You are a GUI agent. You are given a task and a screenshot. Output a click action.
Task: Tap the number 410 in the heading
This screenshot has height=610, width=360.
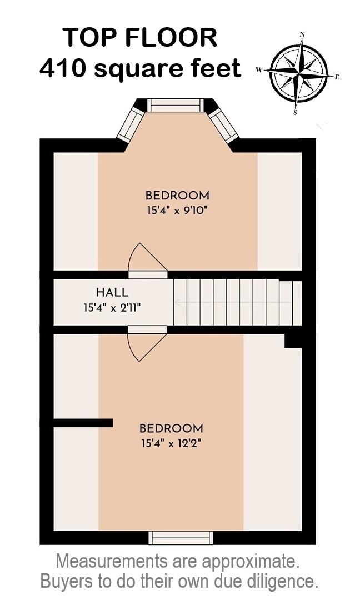tap(63, 68)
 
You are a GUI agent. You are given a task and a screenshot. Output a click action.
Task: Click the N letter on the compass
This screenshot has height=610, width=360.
tap(302, 34)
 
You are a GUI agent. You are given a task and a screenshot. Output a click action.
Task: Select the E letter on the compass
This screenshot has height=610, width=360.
tap(337, 77)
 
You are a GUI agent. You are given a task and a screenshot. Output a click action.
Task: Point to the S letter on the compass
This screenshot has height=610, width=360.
tap(295, 112)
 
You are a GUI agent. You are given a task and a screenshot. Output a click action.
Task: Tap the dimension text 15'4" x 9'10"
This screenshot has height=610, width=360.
tap(177, 211)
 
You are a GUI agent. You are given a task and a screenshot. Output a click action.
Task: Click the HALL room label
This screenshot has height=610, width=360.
tap(112, 292)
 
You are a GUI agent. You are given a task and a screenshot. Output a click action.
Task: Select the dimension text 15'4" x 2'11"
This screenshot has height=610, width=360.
tap(112, 308)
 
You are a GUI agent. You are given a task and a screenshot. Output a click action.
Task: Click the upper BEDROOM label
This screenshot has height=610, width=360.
tap(177, 195)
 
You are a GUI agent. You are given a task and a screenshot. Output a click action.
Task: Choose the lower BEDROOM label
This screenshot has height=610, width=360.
tap(171, 428)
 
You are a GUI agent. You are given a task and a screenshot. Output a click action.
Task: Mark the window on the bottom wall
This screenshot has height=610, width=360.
tap(181, 538)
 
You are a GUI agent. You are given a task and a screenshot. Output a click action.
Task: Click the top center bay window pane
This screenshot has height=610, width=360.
tap(176, 105)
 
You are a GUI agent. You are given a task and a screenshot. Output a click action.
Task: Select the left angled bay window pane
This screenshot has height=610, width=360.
tap(131, 124)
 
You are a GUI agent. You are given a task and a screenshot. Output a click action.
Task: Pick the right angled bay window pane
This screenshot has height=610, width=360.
tap(223, 125)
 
